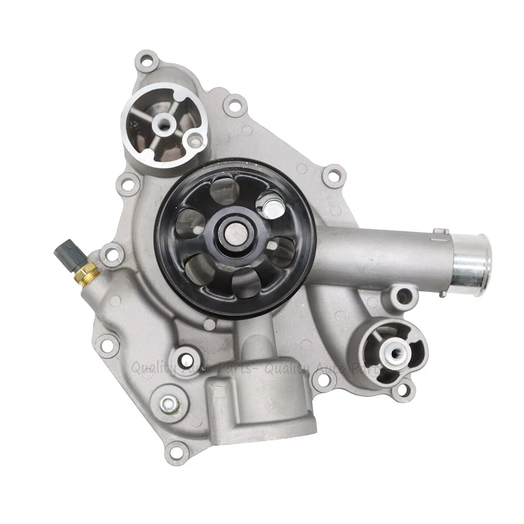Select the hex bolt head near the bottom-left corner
point(169,404)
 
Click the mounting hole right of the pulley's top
point(332,176)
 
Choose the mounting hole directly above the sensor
point(112,253)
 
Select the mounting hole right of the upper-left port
point(235,104)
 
